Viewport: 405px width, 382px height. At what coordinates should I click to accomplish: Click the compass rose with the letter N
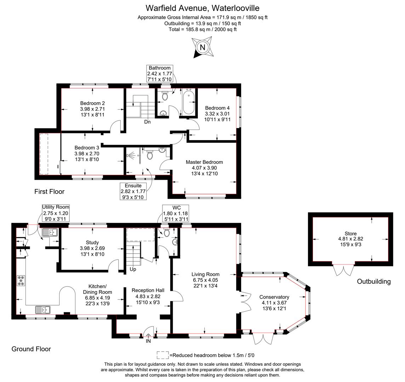[x=202, y=47]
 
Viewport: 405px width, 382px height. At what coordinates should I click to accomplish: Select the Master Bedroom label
[x=204, y=162]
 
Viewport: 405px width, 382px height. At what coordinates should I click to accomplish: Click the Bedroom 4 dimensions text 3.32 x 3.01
[x=217, y=114]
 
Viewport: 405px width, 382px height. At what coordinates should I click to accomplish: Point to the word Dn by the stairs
[x=147, y=122]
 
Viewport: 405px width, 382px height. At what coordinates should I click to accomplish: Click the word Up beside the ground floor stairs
[x=133, y=269]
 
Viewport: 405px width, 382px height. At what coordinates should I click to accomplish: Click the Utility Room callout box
[x=56, y=213]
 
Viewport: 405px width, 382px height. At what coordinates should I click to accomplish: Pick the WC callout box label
[x=175, y=208]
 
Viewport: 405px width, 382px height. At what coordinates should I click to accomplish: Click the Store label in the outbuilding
[x=350, y=233]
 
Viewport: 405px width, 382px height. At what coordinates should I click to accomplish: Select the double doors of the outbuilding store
[x=343, y=270]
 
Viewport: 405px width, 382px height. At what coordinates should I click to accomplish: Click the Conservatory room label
[x=274, y=297]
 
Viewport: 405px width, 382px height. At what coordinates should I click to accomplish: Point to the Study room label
[x=92, y=243]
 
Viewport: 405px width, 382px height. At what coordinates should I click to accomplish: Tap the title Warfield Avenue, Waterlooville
[x=202, y=8]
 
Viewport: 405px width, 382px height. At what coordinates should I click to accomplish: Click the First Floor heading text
[x=49, y=192]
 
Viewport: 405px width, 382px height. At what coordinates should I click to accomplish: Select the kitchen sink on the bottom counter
[x=43, y=310]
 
